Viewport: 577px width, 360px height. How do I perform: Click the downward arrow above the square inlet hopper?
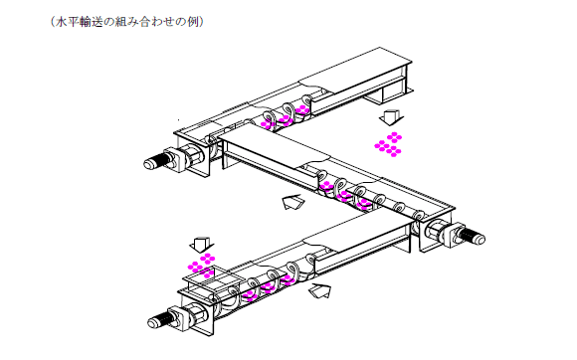[x=202, y=245]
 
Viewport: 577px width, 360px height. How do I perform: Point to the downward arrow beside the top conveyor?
[x=391, y=117]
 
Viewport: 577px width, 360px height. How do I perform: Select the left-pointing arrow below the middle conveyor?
[x=293, y=202]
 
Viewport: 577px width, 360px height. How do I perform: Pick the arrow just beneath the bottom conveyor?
[x=319, y=290]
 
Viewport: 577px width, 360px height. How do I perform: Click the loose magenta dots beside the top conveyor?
[x=388, y=144]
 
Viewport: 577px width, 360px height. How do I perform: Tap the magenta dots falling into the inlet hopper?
[x=201, y=266]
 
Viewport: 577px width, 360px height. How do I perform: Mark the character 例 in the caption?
[x=193, y=22]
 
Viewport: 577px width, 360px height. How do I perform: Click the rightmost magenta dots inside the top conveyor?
[x=302, y=109]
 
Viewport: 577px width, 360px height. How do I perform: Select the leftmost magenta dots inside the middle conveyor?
[x=326, y=186]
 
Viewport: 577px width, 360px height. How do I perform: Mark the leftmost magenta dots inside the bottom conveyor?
[x=251, y=295]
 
